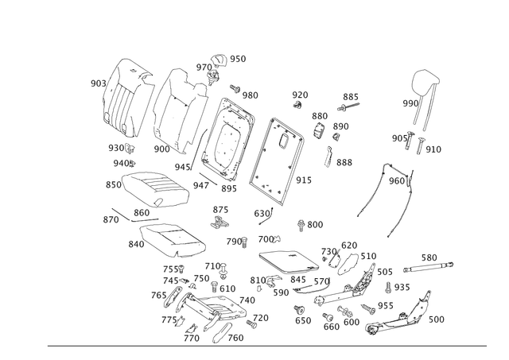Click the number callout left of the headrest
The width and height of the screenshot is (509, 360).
coord(407,103)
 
